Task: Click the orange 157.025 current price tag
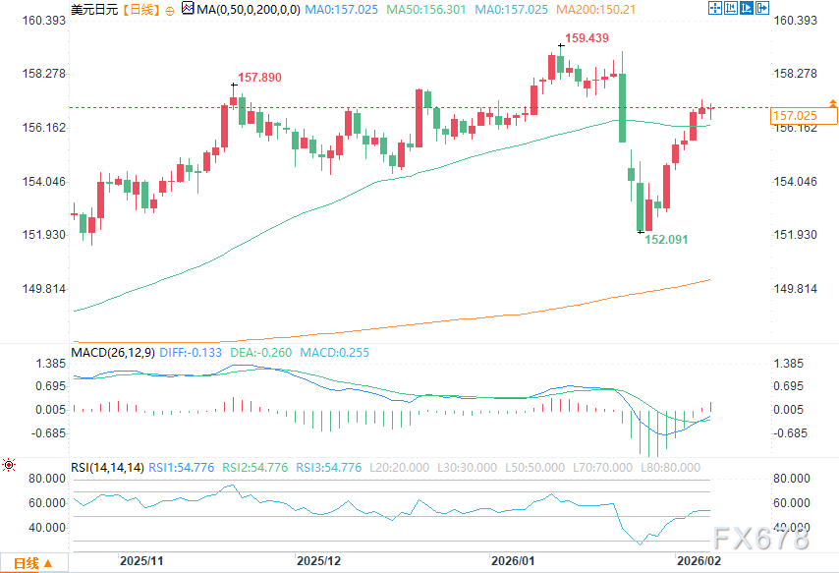796,116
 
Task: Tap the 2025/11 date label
140,561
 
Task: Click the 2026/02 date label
701,561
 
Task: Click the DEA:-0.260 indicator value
250,351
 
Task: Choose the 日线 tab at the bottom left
26,563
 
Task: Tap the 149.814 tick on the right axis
796,288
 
